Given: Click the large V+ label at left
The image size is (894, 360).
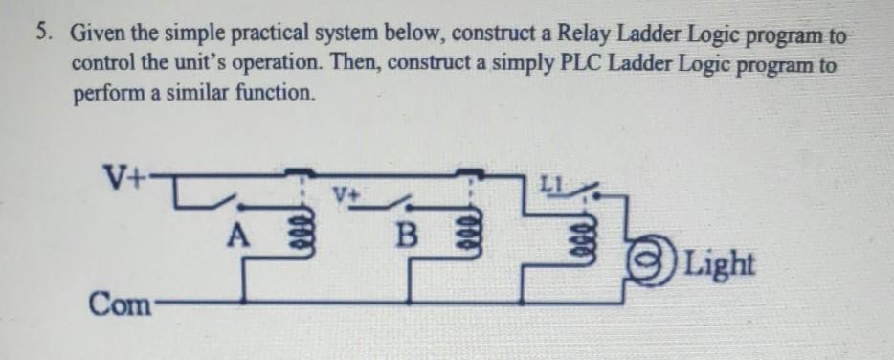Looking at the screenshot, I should click(123, 178).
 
